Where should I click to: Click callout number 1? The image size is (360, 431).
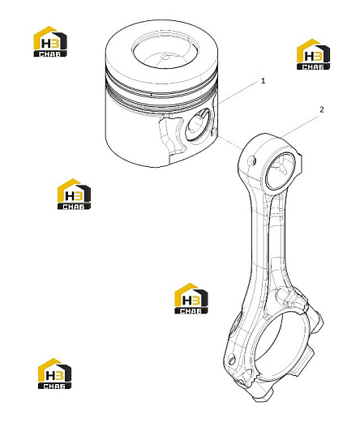point(264,81)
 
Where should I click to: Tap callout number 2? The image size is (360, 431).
point(322,109)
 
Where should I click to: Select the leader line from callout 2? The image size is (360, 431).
point(299,126)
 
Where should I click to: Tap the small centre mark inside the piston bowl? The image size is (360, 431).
point(165,58)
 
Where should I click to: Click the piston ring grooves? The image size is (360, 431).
point(161,93)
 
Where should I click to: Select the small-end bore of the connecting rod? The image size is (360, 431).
point(281,170)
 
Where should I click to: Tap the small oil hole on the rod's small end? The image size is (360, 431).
point(253,160)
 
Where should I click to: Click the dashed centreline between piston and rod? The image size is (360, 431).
point(230,142)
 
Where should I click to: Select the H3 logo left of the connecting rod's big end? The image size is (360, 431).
point(191,298)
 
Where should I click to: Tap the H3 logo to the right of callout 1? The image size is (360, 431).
point(313,54)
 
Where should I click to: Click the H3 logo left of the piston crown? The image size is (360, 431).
point(50,41)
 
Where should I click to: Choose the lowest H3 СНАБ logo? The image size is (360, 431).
point(54,373)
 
